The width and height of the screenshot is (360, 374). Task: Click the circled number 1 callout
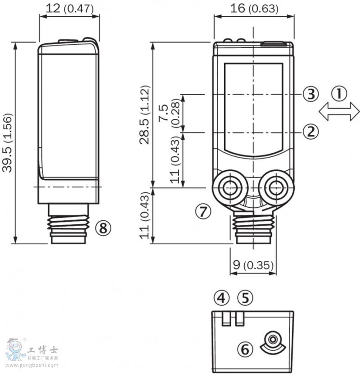340,94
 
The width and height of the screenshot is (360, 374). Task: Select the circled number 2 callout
310,132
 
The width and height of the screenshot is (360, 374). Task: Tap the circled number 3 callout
310,94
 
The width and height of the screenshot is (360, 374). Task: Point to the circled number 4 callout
221,298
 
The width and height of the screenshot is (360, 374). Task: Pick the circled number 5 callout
245,298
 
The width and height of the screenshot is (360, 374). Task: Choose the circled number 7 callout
203,210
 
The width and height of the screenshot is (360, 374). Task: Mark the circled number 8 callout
103,228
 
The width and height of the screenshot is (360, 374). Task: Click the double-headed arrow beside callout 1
339,111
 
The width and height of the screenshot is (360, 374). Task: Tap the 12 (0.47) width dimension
69,9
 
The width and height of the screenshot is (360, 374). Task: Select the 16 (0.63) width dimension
254,9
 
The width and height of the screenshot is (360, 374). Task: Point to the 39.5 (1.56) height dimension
8,142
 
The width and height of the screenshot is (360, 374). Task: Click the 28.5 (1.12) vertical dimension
144,114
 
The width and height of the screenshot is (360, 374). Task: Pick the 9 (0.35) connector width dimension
254,265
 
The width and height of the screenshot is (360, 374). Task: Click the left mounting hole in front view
229,187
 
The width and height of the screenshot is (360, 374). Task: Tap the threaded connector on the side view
69,223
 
